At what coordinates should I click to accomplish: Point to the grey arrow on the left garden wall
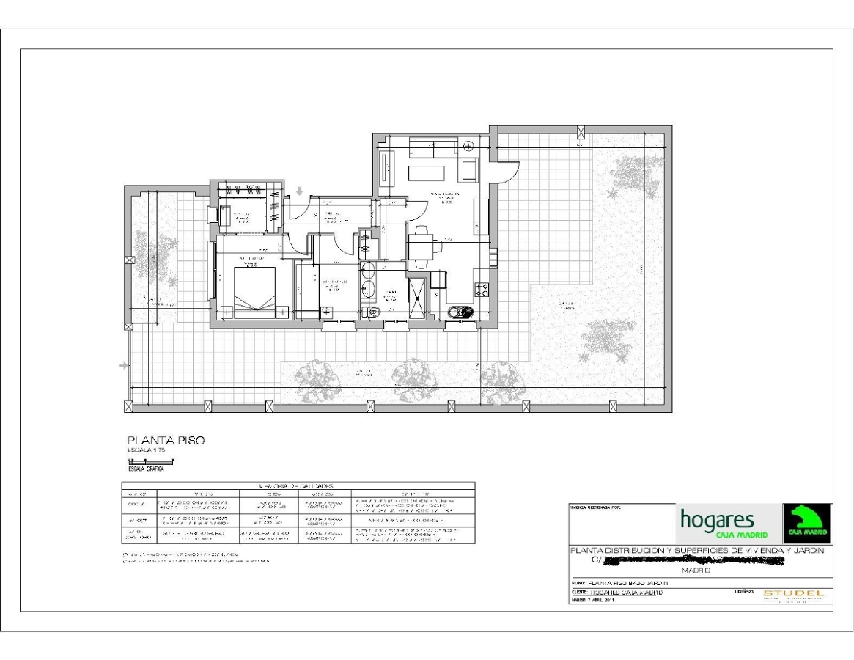point(122,364)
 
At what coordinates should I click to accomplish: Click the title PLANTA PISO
point(166,441)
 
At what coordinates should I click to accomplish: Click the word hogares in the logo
point(717,519)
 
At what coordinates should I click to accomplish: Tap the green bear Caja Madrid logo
point(807,523)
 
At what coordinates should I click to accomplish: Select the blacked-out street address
point(693,560)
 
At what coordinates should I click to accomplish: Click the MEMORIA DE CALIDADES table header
point(297,485)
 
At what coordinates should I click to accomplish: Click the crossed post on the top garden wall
point(581,132)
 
